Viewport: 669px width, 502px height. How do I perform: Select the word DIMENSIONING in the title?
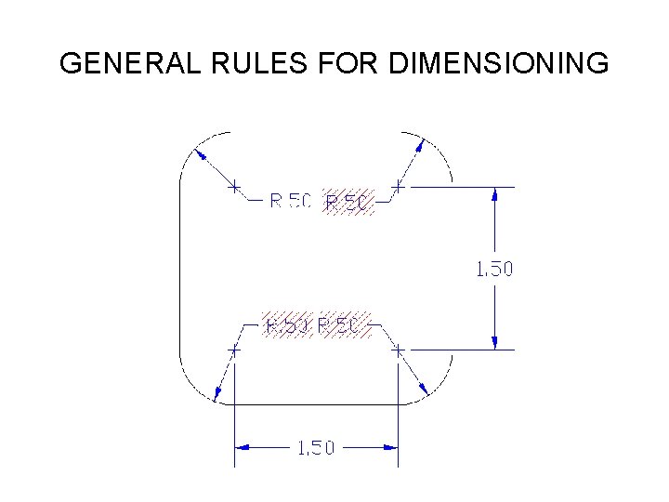pyautogui.click(x=500, y=64)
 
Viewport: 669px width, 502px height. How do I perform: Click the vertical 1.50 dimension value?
pyautogui.click(x=493, y=269)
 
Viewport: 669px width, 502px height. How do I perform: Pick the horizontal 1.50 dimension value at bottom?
pyautogui.click(x=315, y=448)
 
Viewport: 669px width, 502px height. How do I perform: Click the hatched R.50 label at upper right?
pyautogui.click(x=348, y=202)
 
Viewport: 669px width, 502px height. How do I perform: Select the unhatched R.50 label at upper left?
pyautogui.click(x=290, y=201)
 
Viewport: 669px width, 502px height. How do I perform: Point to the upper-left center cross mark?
pyautogui.click(x=235, y=186)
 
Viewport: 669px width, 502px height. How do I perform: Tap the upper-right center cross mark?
pyautogui.click(x=398, y=186)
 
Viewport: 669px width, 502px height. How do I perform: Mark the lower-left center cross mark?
pyautogui.click(x=235, y=351)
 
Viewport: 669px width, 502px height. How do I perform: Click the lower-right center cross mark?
pyautogui.click(x=398, y=351)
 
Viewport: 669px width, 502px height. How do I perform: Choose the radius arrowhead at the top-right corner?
pyautogui.click(x=422, y=146)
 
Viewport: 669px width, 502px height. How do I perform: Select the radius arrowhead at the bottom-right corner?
pyautogui.click(x=424, y=389)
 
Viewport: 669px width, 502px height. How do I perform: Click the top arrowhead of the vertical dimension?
pyautogui.click(x=495, y=194)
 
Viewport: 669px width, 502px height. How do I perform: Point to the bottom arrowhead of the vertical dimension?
pyautogui.click(x=495, y=342)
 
